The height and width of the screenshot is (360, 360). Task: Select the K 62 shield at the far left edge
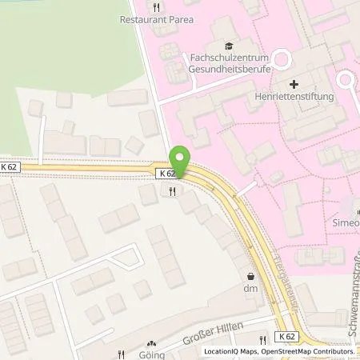click(x=9, y=166)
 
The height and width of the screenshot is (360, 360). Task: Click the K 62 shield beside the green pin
click(x=166, y=173)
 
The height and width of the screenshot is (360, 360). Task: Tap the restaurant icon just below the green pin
click(x=173, y=191)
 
